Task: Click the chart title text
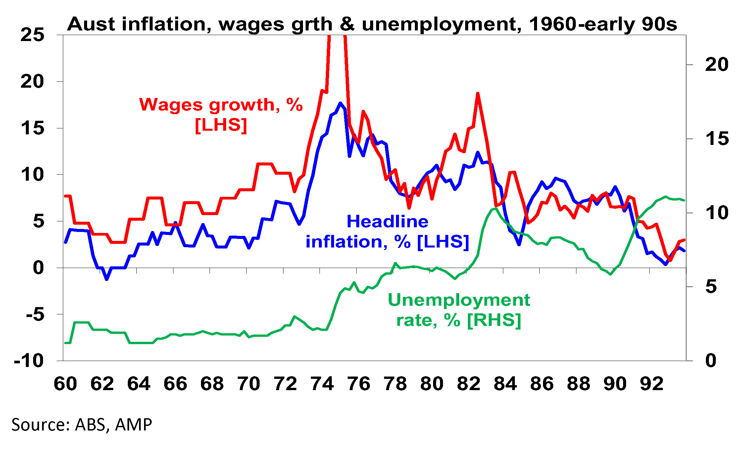[372, 24]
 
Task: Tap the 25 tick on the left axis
[32, 35]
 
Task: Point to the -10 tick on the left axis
[29, 361]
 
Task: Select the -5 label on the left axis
[35, 314]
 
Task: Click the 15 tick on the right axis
[716, 139]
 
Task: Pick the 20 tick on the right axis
[716, 65]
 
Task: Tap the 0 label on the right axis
[711, 361]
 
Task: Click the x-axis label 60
[65, 384]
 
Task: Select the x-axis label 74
[322, 384]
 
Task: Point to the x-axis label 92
[652, 384]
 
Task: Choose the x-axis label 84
[505, 384]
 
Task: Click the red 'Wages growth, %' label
[221, 105]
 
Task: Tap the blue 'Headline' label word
[387, 222]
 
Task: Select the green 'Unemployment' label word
[459, 300]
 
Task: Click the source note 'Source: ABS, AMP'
[82, 425]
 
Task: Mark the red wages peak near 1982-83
[477, 94]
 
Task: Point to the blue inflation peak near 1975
[340, 103]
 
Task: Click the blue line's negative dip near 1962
[107, 279]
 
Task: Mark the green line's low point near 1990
[611, 274]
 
